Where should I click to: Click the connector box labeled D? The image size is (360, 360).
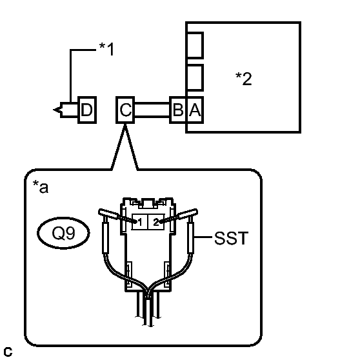[87, 110]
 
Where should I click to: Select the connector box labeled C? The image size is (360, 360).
[125, 110]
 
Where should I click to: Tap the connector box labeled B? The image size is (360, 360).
[178, 110]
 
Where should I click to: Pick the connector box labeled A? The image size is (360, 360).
[195, 110]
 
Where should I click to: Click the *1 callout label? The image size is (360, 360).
[106, 49]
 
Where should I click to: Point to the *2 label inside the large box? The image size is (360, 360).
[244, 79]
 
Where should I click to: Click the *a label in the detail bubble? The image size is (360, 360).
[41, 186]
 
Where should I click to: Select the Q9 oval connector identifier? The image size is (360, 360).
[63, 233]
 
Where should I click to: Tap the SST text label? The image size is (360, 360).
[231, 238]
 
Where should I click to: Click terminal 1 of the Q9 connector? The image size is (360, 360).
[140, 222]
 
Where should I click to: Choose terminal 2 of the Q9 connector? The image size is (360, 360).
[156, 222]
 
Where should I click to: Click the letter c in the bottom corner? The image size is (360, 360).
[8, 352]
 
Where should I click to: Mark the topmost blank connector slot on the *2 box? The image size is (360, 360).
[195, 45]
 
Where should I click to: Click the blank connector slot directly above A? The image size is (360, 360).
[195, 77]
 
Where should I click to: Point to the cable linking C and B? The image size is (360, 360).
[152, 110]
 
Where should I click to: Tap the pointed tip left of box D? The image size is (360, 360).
[54, 110]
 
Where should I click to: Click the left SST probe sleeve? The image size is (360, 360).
[105, 237]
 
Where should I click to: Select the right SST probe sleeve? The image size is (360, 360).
[191, 237]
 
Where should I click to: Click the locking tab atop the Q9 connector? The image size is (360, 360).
[148, 203]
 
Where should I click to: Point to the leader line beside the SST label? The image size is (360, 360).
[203, 237]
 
